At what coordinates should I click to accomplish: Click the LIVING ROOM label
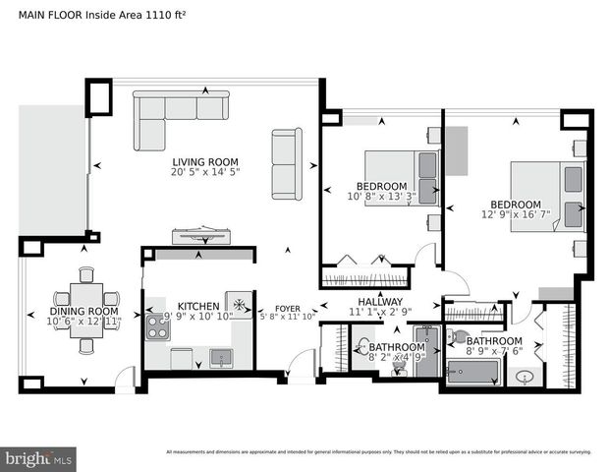[x=205, y=162]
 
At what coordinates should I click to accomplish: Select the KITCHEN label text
[x=197, y=306]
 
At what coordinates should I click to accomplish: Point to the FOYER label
[x=287, y=306]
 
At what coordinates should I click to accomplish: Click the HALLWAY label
[x=379, y=302]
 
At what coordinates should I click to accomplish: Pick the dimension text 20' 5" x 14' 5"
[x=205, y=173]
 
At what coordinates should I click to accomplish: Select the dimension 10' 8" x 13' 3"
[x=381, y=197]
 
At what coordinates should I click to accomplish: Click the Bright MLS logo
[x=39, y=457]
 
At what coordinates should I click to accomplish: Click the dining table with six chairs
[x=86, y=309]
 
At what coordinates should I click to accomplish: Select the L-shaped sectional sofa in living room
[x=177, y=115]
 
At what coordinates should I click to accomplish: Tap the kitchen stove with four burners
[x=157, y=325]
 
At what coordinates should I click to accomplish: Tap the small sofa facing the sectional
[x=286, y=163]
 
